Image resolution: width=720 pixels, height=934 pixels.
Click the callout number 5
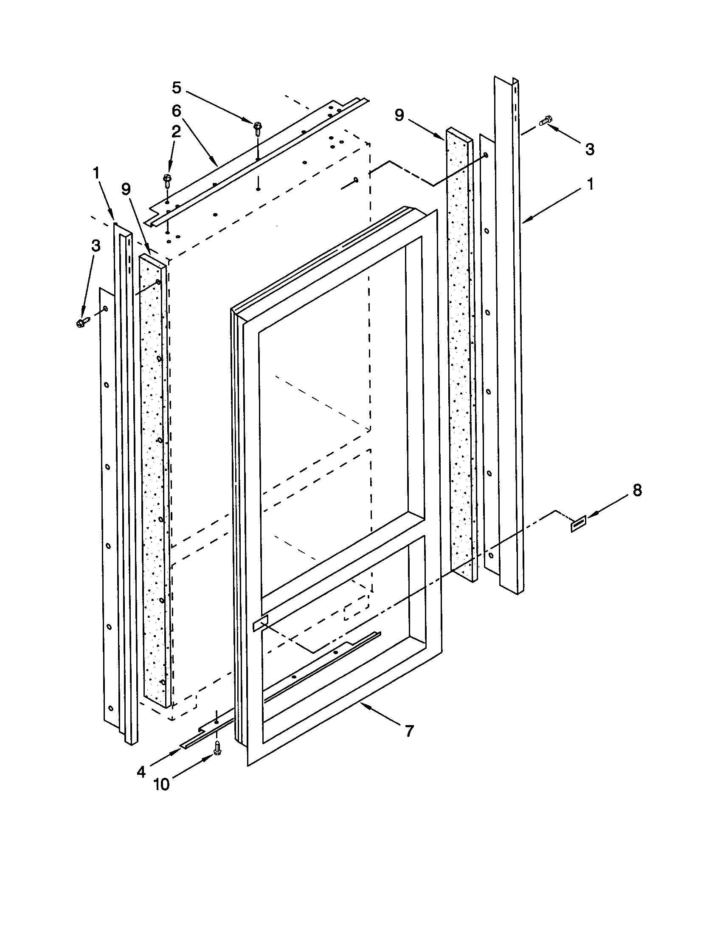[177, 88]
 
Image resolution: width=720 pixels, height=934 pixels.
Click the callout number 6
[177, 111]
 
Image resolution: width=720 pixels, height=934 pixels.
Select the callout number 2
[176, 132]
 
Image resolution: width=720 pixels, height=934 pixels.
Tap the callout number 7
[409, 731]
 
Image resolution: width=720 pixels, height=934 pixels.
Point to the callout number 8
[637, 490]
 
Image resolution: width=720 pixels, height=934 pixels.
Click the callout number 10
[162, 785]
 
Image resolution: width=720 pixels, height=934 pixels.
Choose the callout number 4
[141, 771]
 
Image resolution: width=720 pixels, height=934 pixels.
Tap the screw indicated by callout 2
[167, 179]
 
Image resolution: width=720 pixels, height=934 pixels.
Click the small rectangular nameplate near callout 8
[579, 524]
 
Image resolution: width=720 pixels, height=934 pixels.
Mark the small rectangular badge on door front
[260, 624]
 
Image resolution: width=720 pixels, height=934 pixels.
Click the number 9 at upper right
[399, 115]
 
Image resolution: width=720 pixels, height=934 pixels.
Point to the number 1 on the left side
[96, 173]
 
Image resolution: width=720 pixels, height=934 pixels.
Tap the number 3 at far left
[96, 245]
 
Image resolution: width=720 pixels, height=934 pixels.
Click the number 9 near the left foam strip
[126, 189]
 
